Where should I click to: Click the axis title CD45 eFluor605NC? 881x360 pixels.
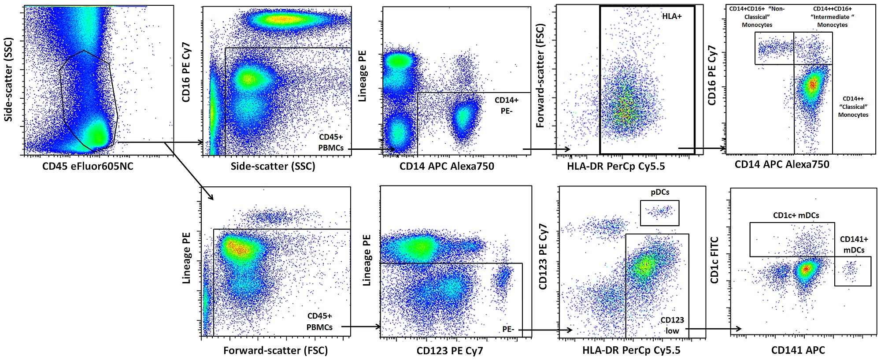click(88, 166)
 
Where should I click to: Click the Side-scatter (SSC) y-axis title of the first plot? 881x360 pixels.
click(9, 79)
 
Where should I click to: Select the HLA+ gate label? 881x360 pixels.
click(672, 16)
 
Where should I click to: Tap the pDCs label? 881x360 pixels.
click(660, 192)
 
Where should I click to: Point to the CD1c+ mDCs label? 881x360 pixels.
click(796, 215)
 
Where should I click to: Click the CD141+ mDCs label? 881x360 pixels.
click(854, 245)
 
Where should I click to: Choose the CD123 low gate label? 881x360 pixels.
click(672, 325)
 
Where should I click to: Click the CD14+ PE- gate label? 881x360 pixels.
click(507, 105)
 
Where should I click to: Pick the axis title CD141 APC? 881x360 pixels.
click(798, 350)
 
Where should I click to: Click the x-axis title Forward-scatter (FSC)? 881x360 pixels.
click(275, 351)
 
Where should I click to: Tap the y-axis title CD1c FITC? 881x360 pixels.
click(714, 260)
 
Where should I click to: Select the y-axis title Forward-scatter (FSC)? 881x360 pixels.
click(540, 76)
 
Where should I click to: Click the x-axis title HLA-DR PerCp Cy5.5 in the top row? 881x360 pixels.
click(616, 166)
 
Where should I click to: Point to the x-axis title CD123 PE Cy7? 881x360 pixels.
click(450, 351)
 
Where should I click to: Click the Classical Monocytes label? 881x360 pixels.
click(853, 107)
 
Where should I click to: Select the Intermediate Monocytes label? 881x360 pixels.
click(832, 17)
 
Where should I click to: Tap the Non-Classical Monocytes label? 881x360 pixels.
click(757, 17)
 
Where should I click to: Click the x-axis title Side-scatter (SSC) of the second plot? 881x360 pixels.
click(273, 166)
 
